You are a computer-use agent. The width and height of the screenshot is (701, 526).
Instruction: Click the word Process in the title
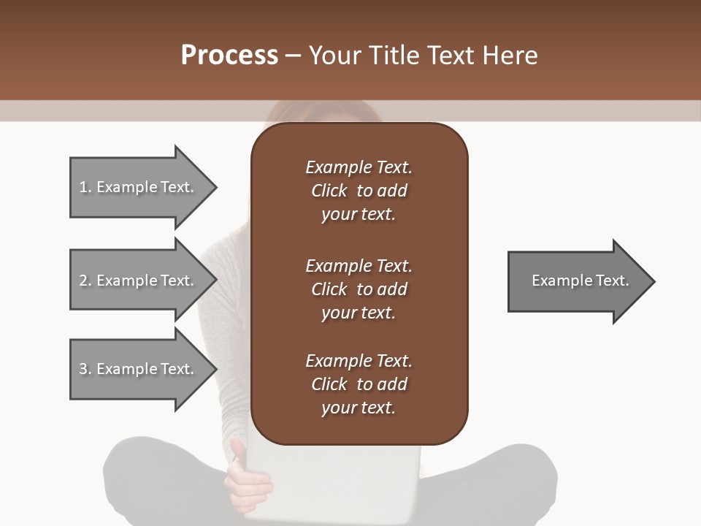[x=229, y=56]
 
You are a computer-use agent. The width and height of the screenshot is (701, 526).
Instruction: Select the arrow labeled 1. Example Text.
[x=139, y=187]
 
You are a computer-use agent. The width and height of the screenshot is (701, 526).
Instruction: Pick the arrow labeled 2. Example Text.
[x=139, y=281]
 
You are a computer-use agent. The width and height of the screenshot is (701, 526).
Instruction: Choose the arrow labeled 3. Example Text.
[x=139, y=369]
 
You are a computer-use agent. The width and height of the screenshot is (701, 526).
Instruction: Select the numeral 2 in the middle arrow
[x=84, y=281]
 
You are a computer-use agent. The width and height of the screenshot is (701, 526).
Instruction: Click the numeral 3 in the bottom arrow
[x=84, y=369]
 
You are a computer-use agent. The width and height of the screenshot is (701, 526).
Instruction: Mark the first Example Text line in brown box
[x=359, y=167]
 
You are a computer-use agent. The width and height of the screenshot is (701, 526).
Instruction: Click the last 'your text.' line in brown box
[x=359, y=408]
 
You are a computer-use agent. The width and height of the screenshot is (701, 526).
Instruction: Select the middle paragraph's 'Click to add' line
[x=359, y=289]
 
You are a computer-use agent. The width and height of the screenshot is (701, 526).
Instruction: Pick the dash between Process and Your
[x=293, y=56]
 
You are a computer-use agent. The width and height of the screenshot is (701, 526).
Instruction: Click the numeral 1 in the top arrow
[x=83, y=187]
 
